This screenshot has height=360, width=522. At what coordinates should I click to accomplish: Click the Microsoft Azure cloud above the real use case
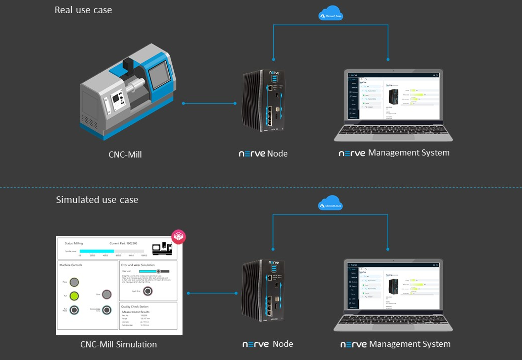tap(331, 14)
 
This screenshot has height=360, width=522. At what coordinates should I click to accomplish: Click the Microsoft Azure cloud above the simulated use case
tap(330, 203)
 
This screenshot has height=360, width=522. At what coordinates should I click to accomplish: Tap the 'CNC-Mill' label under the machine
tap(125, 155)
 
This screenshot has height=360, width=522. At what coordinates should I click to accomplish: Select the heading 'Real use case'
tap(83, 10)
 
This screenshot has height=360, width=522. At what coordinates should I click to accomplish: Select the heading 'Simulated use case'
tap(97, 200)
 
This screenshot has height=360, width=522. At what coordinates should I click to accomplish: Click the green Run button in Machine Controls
tap(74, 296)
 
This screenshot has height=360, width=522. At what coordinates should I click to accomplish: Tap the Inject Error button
tap(148, 291)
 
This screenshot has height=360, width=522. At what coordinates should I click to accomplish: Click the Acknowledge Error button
tap(107, 310)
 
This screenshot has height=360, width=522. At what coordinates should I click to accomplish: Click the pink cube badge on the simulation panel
tap(179, 236)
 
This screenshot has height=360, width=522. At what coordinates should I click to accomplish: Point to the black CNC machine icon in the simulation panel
tap(162, 248)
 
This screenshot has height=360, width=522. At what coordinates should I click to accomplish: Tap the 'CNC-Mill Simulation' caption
tap(119, 344)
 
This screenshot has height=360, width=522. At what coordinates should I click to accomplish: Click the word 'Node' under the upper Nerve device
tap(277, 153)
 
